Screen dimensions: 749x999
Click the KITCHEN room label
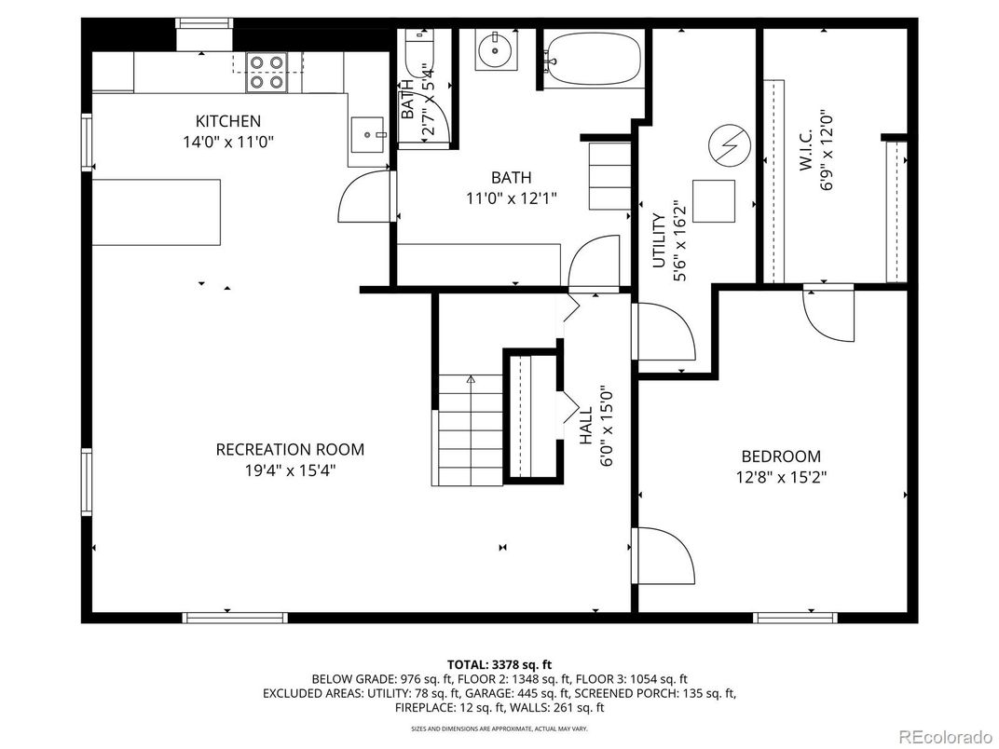point(227,121)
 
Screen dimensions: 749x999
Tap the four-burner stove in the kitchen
point(266,72)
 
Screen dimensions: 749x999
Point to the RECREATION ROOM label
point(290,449)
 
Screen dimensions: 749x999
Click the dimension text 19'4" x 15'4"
point(290,470)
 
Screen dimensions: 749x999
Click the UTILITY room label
point(658,241)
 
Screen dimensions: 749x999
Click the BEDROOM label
point(781,456)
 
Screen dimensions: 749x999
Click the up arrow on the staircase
point(471,380)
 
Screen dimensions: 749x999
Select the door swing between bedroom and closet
point(828,313)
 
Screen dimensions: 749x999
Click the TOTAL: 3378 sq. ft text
point(499,664)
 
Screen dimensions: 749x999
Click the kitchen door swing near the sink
point(364,197)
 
